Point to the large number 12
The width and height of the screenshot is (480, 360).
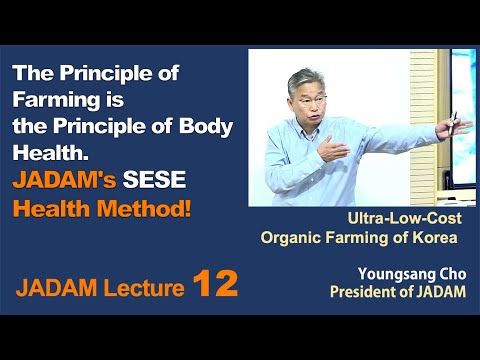[x=215, y=285]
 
